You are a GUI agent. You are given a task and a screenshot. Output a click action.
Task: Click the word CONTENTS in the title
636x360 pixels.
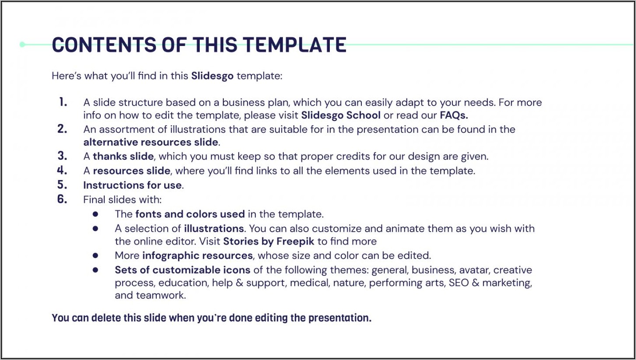click(104, 45)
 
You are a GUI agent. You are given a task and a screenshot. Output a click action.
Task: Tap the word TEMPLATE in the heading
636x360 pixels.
click(294, 45)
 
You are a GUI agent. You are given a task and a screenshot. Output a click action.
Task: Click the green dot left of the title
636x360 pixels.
click(22, 45)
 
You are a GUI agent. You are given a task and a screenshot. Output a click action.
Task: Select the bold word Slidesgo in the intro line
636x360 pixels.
click(212, 76)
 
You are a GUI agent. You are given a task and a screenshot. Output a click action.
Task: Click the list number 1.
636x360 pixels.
click(63, 102)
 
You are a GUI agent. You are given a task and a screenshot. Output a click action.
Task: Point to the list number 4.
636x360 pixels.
click(62, 170)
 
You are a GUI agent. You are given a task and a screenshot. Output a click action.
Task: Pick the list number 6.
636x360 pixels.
click(62, 199)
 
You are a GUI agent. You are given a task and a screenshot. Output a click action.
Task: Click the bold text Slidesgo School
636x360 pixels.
click(341, 115)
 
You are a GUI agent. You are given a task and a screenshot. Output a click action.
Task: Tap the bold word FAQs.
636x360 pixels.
click(454, 115)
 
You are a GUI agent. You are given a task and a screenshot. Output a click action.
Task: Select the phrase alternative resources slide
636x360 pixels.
click(151, 142)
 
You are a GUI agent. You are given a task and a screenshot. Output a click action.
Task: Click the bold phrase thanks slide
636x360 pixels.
click(123, 156)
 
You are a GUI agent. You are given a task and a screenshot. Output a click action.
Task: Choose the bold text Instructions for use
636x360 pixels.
click(133, 185)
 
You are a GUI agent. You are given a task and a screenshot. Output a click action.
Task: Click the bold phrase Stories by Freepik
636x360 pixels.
click(269, 241)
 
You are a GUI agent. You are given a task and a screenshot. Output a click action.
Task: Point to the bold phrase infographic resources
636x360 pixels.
click(198, 255)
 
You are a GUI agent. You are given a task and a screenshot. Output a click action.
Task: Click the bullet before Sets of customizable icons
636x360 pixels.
click(95, 270)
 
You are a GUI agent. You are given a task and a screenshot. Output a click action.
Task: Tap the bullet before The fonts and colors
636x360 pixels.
click(95, 214)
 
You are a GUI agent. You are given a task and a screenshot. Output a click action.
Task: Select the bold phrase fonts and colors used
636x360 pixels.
click(190, 214)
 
